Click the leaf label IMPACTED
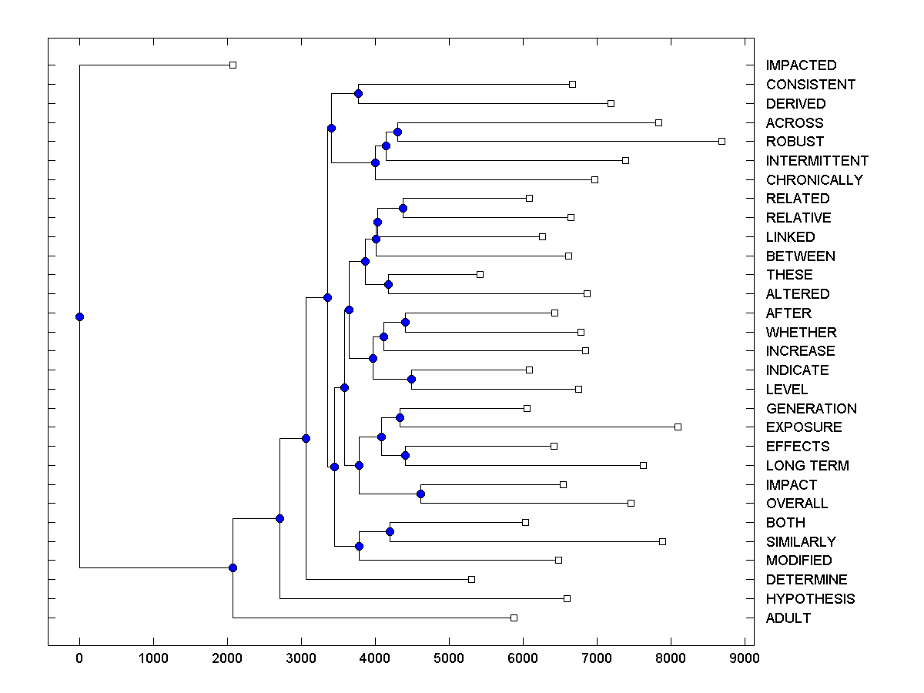coord(801,65)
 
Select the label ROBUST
coord(795,142)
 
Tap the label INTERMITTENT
coord(817,161)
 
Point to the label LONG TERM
coord(807,466)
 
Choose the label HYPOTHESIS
coord(810,599)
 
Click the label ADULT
coord(788,618)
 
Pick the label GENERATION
coord(811,409)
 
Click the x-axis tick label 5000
coord(449,659)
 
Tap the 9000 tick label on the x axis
coord(744,659)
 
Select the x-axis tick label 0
coord(79,659)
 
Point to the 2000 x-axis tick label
coord(227,659)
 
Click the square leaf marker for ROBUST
coord(721,141)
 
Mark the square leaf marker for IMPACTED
coord(233,65)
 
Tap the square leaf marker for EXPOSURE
coord(678,427)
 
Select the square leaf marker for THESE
coord(480,274)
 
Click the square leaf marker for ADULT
coord(514,618)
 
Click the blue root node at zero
coord(79,316)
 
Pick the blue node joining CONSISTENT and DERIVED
coord(358,93)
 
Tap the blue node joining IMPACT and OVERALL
coord(420,494)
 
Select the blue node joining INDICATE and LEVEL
coord(411,379)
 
